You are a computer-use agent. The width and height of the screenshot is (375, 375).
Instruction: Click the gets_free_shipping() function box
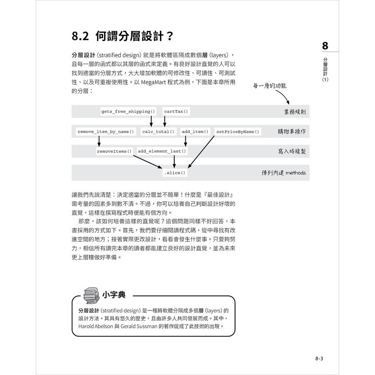click(128, 112)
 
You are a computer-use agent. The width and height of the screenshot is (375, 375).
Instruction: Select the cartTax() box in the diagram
click(176, 112)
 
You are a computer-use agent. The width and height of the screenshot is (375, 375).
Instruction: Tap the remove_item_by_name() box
click(106, 132)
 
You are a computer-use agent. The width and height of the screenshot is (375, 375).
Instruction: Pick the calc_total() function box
click(159, 132)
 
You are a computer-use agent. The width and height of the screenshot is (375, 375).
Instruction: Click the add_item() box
click(195, 132)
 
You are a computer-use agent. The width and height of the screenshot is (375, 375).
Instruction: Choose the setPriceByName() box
click(237, 132)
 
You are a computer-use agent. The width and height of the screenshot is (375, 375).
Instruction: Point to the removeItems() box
click(114, 151)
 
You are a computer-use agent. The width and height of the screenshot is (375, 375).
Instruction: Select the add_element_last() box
click(162, 151)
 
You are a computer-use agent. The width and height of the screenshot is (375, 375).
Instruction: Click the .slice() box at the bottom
click(174, 173)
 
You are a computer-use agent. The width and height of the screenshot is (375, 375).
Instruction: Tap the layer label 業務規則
click(294, 112)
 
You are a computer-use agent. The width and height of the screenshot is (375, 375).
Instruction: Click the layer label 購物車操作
click(292, 132)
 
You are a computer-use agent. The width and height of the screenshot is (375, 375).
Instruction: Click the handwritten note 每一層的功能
click(270, 86)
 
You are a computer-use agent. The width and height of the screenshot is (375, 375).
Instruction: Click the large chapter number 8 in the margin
click(325, 45)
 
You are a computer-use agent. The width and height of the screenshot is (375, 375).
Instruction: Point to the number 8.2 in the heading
click(80, 36)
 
